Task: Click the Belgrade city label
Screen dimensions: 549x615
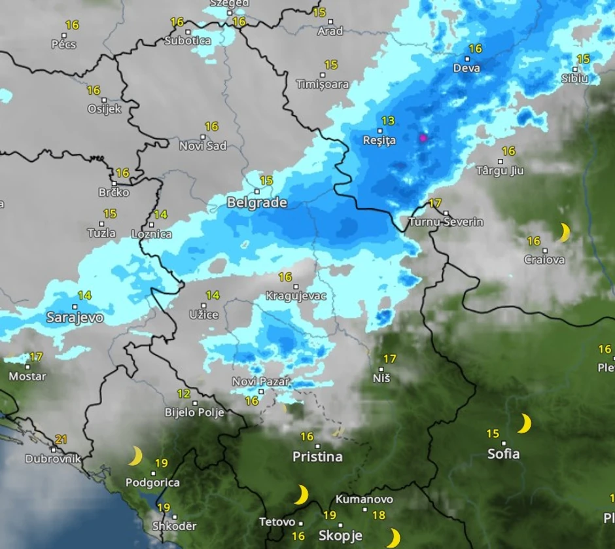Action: [x=256, y=203]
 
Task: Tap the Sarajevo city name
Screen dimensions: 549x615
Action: [x=75, y=318]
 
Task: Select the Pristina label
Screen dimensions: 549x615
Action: [x=317, y=457]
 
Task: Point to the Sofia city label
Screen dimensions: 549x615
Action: [x=504, y=453]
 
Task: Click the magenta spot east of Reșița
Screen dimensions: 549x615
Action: [x=423, y=137]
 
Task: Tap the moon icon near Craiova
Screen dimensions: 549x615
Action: [x=564, y=232]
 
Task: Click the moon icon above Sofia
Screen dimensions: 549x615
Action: [x=524, y=423]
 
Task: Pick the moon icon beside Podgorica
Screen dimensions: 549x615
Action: [x=135, y=456]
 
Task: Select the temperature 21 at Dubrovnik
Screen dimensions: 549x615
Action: [x=61, y=440]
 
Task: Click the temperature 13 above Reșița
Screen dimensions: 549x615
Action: [x=388, y=120]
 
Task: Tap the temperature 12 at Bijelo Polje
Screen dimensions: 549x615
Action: [x=185, y=394]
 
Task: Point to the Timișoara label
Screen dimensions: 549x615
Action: [x=323, y=84]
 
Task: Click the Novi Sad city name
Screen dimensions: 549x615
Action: [x=203, y=146]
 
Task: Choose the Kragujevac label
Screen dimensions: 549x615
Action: [x=296, y=296]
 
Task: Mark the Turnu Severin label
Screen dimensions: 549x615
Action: [x=446, y=222]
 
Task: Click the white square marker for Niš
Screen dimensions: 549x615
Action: [x=381, y=368]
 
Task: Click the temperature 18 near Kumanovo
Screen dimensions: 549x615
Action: [x=378, y=515]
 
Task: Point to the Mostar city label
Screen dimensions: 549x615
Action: [x=27, y=376]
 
